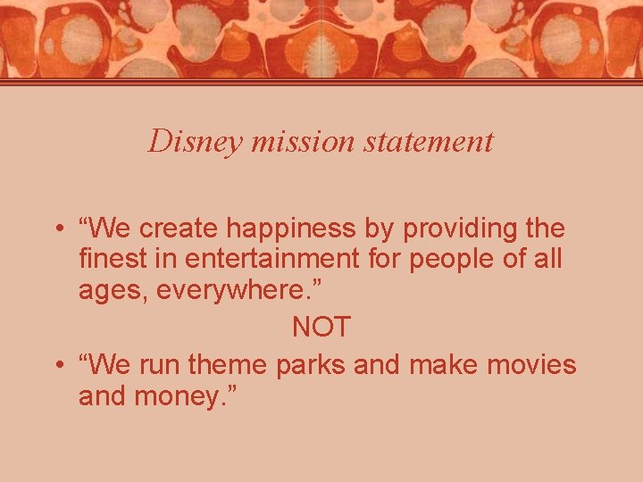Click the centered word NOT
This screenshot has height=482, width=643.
tap(321, 328)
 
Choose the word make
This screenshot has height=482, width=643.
tap(447, 366)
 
